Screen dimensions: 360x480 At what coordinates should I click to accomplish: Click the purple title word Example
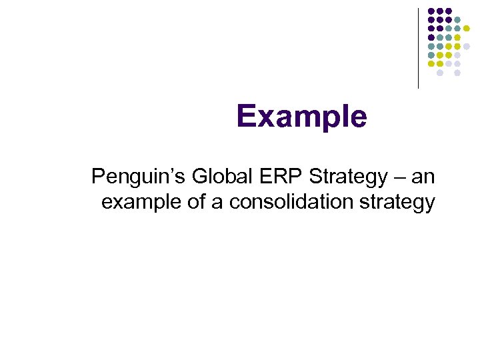301,117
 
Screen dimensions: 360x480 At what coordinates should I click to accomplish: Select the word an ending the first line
423,177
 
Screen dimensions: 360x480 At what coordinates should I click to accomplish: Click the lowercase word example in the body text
141,201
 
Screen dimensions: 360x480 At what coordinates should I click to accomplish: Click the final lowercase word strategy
399,201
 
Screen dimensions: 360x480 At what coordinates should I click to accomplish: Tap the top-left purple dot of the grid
431,11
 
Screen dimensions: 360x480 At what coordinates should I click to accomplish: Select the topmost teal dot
457,20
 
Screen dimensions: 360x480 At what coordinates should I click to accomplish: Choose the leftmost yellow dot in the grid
431,64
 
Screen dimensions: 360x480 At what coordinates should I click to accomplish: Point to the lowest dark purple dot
431,37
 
